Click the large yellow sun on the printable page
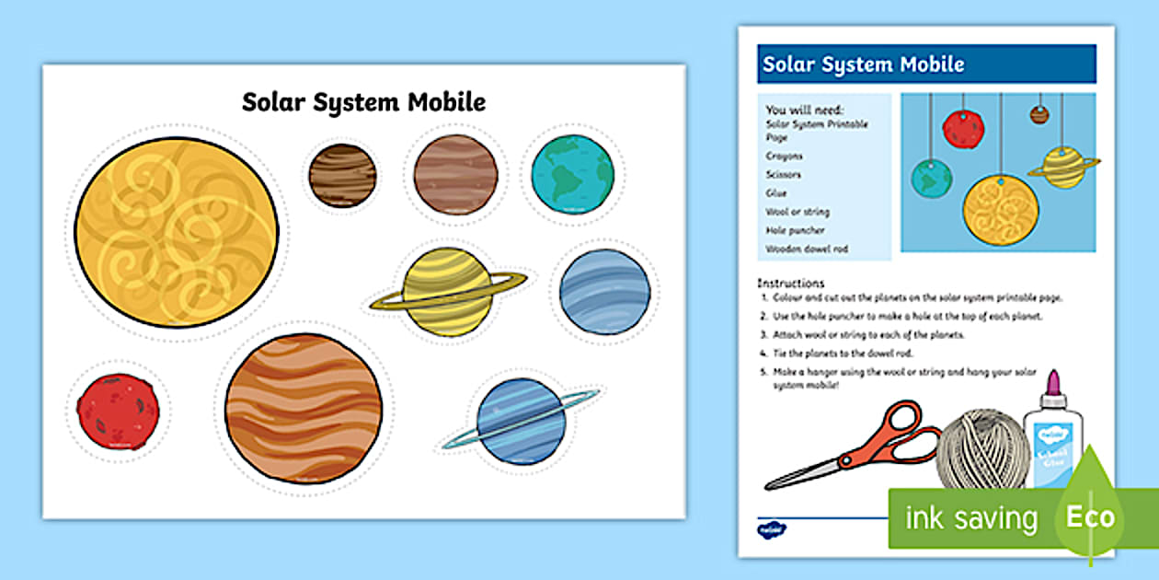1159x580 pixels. coord(176,232)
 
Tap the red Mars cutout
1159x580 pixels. coord(118,412)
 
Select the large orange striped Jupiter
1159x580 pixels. coord(304,408)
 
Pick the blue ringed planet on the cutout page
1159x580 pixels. coord(521,421)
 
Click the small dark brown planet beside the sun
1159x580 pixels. coord(342,175)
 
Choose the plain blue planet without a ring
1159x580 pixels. coord(604,291)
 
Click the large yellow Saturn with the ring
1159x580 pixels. coord(448,291)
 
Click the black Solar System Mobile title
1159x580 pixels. coord(363,101)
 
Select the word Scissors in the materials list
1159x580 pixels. coord(783,175)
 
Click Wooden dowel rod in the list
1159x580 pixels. coord(806,249)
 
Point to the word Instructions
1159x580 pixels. coord(790,283)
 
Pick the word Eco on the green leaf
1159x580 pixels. coord(1090,516)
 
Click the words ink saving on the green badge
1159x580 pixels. coord(970,518)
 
